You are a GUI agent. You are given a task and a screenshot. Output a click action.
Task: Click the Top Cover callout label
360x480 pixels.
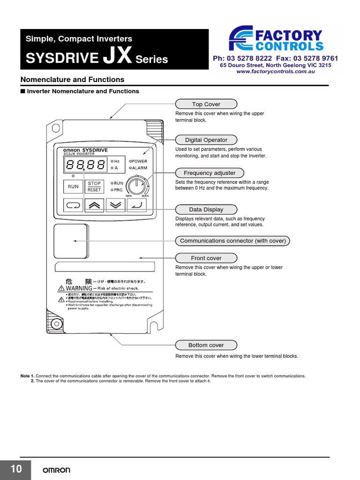(x=206, y=104)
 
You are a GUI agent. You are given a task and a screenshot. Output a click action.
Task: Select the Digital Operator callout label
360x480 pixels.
(x=206, y=140)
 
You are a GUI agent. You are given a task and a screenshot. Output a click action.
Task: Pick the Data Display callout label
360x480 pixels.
(x=206, y=210)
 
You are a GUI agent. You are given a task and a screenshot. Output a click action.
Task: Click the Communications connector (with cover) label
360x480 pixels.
(x=233, y=241)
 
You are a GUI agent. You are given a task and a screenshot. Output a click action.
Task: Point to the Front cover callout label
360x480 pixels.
(x=206, y=258)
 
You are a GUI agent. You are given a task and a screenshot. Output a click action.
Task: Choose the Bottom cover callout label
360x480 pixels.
(x=206, y=345)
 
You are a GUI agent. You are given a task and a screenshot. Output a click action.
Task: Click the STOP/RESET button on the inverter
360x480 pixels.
(x=94, y=187)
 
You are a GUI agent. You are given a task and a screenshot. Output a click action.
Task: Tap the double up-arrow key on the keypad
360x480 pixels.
(x=94, y=205)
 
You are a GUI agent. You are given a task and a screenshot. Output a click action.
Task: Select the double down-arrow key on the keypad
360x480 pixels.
(x=116, y=205)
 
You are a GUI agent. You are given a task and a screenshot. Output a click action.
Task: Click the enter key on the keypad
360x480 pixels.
(x=137, y=205)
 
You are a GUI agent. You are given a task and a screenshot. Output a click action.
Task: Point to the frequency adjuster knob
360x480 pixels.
(x=137, y=184)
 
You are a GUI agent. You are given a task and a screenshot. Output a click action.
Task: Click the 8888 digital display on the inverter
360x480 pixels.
(x=85, y=165)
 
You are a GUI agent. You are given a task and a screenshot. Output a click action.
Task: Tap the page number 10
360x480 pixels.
(x=15, y=469)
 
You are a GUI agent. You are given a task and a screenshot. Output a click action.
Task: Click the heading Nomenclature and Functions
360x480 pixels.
(x=72, y=80)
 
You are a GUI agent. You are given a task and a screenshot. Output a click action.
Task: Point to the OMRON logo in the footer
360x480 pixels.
(x=57, y=470)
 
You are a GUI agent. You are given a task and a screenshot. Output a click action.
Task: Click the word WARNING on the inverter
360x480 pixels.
(x=79, y=288)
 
